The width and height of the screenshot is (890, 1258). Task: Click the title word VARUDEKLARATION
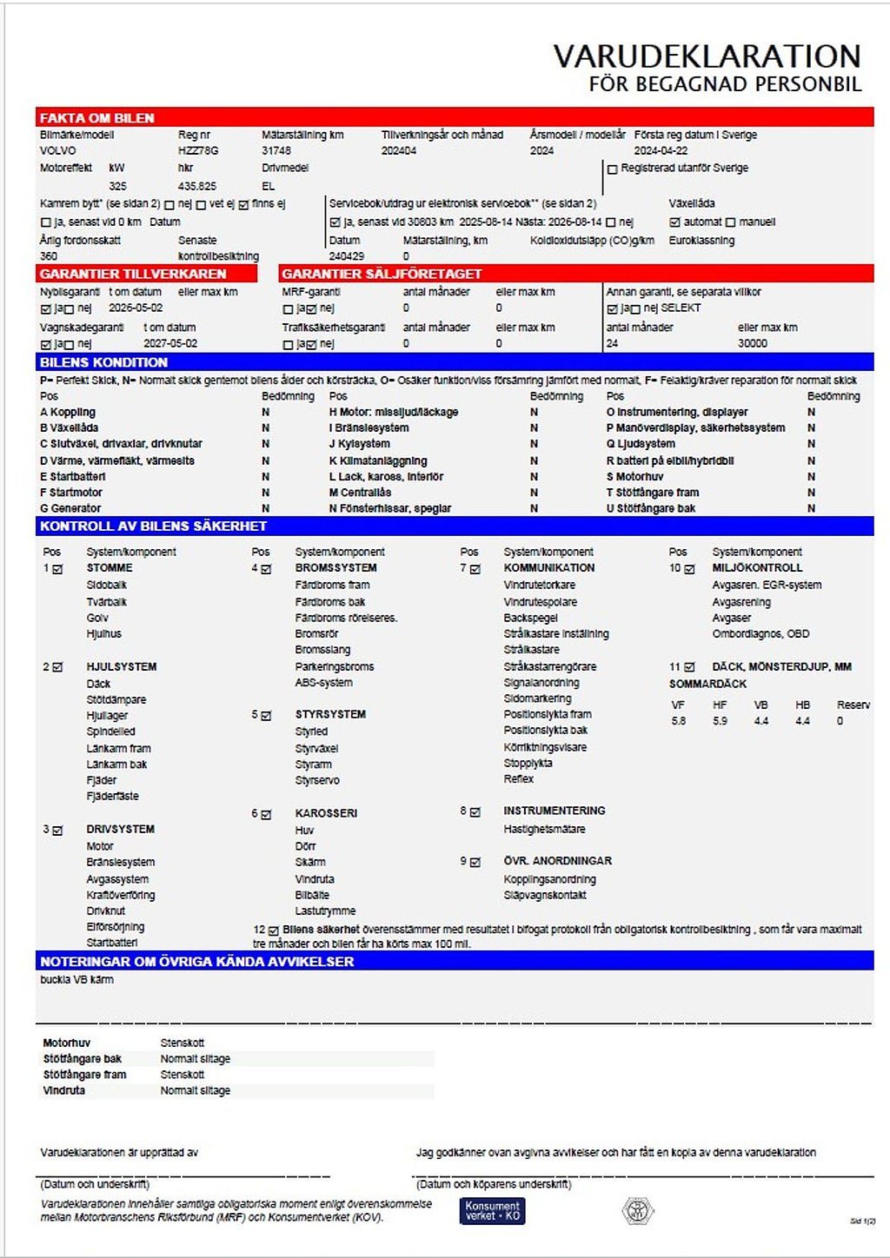pyautogui.click(x=707, y=56)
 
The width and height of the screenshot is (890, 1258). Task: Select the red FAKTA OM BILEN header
pyautogui.click(x=97, y=118)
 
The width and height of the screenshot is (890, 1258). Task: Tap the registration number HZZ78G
pyautogui.click(x=198, y=151)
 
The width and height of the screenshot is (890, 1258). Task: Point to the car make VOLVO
pyautogui.click(x=58, y=151)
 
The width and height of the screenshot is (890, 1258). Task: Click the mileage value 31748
pyautogui.click(x=276, y=151)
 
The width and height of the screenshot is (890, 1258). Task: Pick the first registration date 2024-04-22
pyautogui.click(x=661, y=151)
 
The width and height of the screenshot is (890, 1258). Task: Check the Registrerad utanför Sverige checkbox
pyautogui.click(x=613, y=169)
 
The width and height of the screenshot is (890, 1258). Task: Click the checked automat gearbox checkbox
pyautogui.click(x=674, y=222)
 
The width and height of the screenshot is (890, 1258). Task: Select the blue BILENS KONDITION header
pyautogui.click(x=104, y=362)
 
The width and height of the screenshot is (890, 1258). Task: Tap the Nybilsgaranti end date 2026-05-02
pyautogui.click(x=136, y=308)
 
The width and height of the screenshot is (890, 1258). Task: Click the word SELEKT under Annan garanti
pyautogui.click(x=681, y=308)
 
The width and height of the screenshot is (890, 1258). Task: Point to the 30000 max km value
pyautogui.click(x=753, y=344)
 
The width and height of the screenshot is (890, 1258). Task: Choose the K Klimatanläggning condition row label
pyautogui.click(x=378, y=461)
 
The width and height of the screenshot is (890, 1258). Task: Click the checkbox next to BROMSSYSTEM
pyautogui.click(x=267, y=569)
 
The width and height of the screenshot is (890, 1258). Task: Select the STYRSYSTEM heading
pyautogui.click(x=330, y=714)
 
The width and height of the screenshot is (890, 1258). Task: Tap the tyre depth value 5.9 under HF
pyautogui.click(x=720, y=721)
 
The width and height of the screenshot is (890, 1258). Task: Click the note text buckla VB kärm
pyautogui.click(x=76, y=980)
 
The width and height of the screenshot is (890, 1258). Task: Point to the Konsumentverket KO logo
pyautogui.click(x=492, y=1210)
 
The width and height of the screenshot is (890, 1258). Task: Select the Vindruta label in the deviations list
pyautogui.click(x=64, y=1090)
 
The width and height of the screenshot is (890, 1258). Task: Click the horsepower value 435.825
pyautogui.click(x=197, y=187)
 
